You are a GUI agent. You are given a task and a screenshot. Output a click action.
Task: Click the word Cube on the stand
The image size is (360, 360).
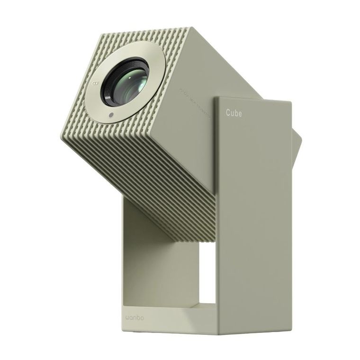point(234,113)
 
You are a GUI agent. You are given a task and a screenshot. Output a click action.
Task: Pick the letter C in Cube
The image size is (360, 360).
point(228,113)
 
